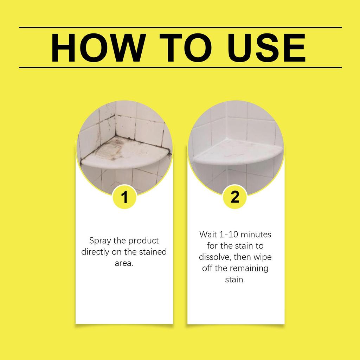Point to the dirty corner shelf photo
124,148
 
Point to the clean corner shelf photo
236,148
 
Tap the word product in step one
143,241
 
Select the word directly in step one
95,252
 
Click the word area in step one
123,263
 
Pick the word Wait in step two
208,234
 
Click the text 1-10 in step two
230,234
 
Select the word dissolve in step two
213,257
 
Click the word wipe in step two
263,257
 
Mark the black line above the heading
180,27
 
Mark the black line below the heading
180,67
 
